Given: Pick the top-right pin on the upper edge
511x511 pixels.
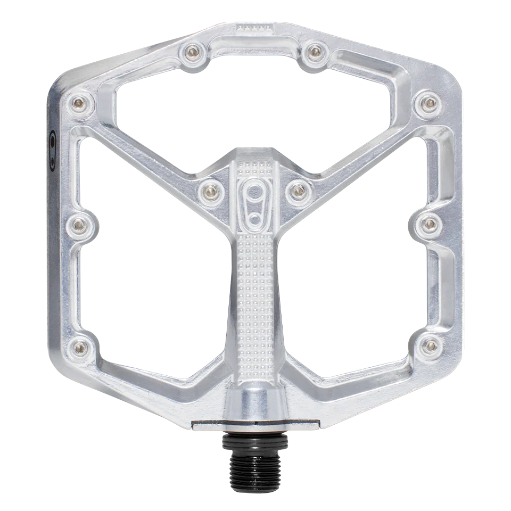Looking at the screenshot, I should click(316, 51).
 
